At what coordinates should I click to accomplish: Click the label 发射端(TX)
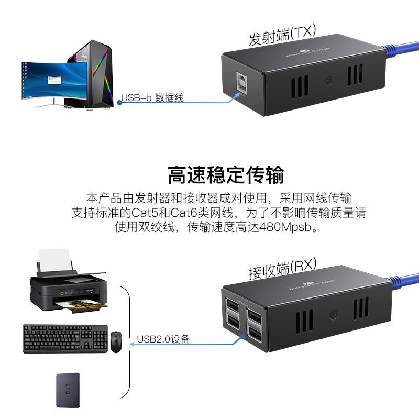(282, 35)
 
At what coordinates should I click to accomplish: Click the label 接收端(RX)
(282, 268)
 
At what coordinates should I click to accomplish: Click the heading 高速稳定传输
(226, 174)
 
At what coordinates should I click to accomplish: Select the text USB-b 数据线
(152, 98)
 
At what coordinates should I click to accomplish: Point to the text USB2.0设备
(163, 339)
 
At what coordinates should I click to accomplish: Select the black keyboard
(65, 338)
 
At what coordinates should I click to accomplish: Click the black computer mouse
(116, 341)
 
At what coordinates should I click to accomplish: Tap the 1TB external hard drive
(68, 390)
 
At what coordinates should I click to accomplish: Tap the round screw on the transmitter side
(328, 82)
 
